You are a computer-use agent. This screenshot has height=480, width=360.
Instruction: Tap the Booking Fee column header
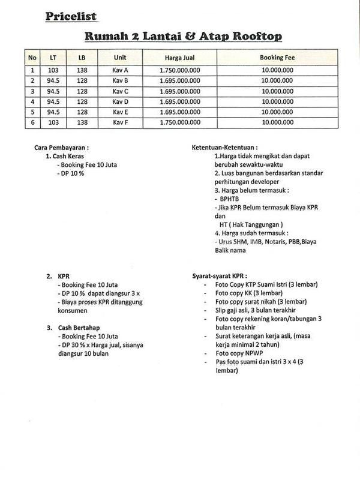coord(277,58)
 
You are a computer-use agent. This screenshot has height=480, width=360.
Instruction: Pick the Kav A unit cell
coord(121,70)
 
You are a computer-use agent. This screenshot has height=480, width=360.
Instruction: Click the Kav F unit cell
coord(121,122)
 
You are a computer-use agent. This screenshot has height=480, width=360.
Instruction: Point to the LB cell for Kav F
coord(82,122)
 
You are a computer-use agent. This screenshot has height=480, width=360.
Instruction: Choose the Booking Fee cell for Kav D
coord(277,101)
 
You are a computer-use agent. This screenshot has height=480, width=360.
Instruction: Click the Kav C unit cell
coord(121,91)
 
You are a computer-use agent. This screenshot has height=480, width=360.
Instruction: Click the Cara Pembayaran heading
coord(62,147)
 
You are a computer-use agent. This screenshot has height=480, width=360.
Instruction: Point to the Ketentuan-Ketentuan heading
coord(225,147)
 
